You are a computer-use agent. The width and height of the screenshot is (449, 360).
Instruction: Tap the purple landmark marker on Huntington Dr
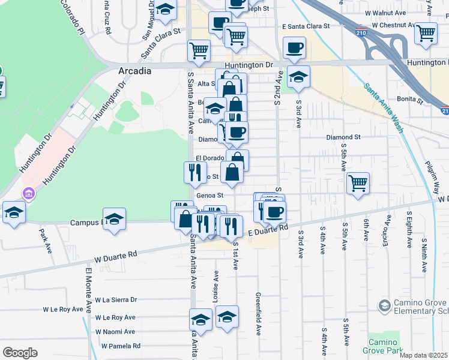[x=28, y=194]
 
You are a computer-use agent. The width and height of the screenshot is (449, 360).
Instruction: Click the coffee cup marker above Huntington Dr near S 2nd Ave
[x=294, y=48]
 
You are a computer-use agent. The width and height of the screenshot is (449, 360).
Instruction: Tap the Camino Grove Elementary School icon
[x=384, y=306]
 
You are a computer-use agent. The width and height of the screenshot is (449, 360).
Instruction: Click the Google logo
[x=20, y=352]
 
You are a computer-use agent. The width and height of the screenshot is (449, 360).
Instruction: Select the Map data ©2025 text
[x=424, y=355]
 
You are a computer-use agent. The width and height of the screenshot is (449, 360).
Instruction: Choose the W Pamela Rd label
[x=121, y=346]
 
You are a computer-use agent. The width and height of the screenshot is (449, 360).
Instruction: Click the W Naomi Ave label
[x=115, y=331]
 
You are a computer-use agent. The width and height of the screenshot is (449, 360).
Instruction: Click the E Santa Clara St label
[x=306, y=26]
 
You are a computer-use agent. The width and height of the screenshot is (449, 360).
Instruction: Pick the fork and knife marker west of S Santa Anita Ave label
[x=195, y=172]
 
